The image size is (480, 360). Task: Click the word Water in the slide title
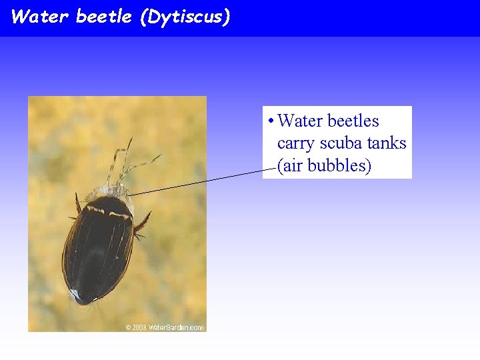(x=39, y=17)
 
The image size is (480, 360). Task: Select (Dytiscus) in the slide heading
(x=185, y=17)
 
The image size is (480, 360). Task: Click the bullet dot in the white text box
(x=269, y=122)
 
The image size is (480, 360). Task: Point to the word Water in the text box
(x=299, y=121)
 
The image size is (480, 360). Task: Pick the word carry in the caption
(x=296, y=143)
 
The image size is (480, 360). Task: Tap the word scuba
(x=341, y=143)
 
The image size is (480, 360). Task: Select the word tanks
(x=387, y=143)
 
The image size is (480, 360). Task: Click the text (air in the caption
(x=289, y=165)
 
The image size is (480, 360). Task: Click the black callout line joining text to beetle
(x=200, y=182)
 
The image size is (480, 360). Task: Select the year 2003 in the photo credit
(x=139, y=327)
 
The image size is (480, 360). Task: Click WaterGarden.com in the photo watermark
(x=176, y=327)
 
